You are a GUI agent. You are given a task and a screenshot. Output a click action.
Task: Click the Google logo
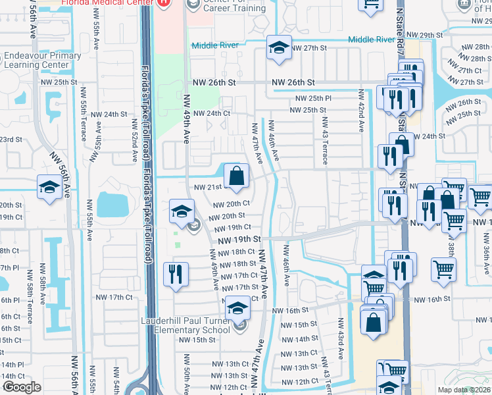tap(22, 387)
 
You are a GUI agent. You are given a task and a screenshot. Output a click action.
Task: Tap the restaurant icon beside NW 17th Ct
tap(175, 274)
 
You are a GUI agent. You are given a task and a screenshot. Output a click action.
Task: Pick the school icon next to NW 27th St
tap(279, 48)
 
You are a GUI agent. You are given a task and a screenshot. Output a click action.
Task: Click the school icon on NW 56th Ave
tap(49, 187)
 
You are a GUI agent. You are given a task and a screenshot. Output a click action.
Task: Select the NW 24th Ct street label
tap(209, 113)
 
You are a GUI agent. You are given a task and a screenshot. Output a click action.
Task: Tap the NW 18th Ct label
tap(235, 252)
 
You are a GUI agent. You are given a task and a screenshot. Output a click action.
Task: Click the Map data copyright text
tap(464, 389)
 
